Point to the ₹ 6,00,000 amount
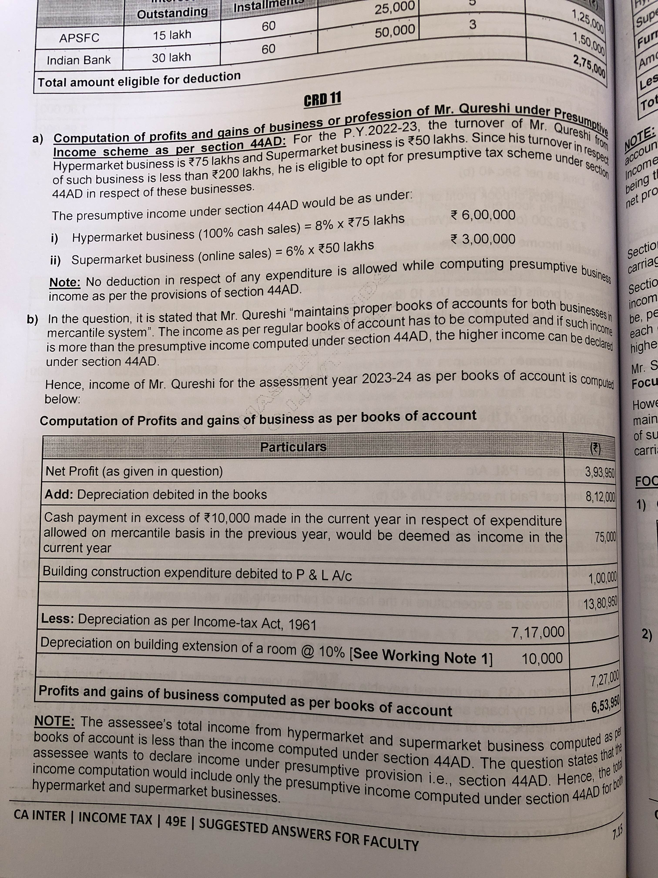pyautogui.click(x=483, y=215)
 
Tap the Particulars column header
pyautogui.click(x=293, y=447)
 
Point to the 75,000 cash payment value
pyautogui.click(x=605, y=537)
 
